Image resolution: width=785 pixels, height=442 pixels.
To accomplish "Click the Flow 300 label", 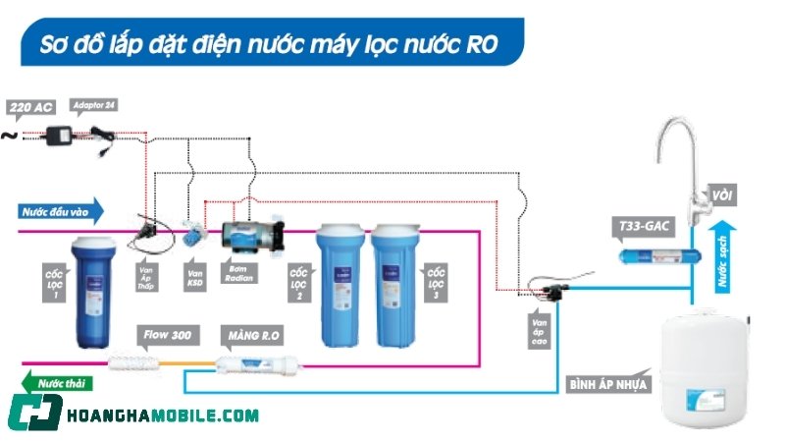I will point(167,336).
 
